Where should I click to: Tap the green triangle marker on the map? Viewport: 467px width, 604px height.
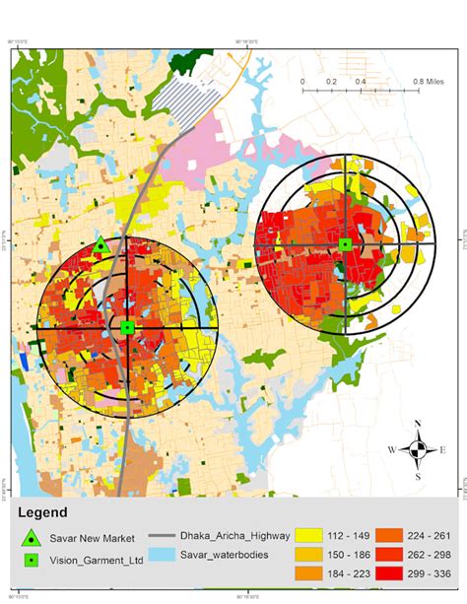point(100,246)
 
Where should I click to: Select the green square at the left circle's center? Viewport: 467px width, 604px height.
point(127,327)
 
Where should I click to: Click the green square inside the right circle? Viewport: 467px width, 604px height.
point(345,243)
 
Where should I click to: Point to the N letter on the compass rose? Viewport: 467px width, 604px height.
point(419,426)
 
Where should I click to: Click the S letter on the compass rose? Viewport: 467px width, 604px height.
point(420,476)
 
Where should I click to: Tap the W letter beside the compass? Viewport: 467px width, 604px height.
point(394,450)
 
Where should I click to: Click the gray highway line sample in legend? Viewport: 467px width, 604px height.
point(165,536)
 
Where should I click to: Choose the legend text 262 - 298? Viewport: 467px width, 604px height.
point(429,555)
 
